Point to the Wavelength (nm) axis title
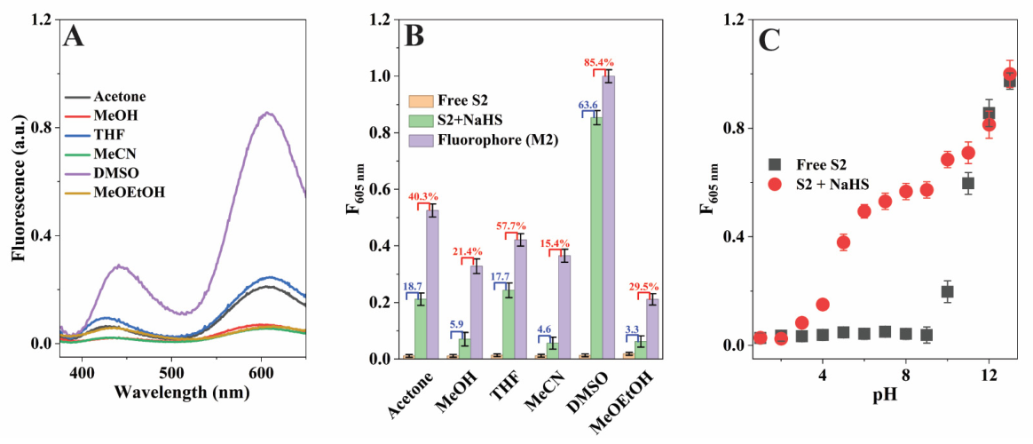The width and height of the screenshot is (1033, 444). [182, 393]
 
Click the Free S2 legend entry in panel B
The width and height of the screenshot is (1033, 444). [453, 102]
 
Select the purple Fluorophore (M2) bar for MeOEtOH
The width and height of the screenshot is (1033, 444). [651, 329]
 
